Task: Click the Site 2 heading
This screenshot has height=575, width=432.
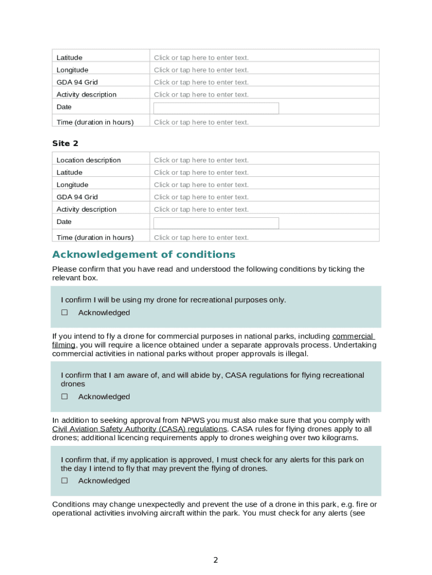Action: tap(65, 144)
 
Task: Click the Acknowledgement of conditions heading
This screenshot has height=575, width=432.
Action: tap(144, 254)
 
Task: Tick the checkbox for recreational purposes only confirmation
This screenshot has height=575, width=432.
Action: tap(65, 313)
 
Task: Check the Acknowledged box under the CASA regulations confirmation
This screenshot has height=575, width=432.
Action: tap(65, 397)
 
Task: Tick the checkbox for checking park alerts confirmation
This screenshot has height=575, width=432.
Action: tap(65, 481)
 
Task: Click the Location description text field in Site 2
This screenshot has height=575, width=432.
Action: tap(201, 161)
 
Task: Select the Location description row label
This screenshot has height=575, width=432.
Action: tap(89, 161)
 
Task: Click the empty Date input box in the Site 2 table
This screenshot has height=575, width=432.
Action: tap(216, 223)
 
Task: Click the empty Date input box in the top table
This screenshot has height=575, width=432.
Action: tap(216, 108)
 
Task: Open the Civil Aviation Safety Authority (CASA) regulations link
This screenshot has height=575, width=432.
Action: tap(139, 429)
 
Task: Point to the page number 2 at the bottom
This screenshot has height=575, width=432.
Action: tap(215, 560)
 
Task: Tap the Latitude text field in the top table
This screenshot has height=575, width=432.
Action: tap(201, 58)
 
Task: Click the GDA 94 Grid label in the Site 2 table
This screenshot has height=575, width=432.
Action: tap(77, 197)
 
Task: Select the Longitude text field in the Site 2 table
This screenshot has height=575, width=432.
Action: tap(201, 185)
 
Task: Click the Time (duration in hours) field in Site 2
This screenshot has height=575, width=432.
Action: tap(201, 238)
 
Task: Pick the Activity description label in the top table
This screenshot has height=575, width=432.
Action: tap(86, 95)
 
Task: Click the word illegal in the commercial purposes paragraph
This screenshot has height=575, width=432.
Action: tap(295, 354)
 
